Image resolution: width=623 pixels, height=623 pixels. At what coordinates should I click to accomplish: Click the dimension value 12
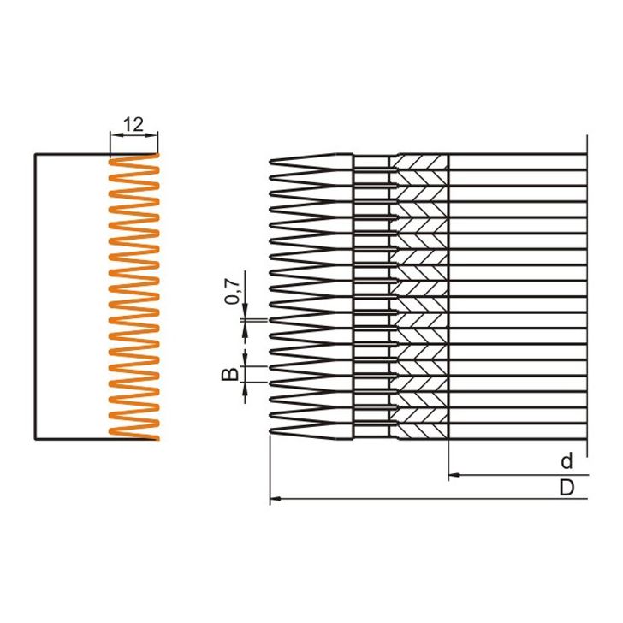click(133, 124)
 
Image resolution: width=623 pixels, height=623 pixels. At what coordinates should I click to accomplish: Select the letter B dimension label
click(230, 374)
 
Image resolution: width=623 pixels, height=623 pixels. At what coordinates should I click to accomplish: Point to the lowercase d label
click(567, 461)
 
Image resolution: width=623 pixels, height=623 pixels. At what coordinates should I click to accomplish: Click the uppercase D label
click(567, 487)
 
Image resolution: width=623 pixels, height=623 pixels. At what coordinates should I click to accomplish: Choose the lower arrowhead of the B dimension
click(246, 387)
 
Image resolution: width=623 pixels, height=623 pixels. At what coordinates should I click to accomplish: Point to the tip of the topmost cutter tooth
click(271, 162)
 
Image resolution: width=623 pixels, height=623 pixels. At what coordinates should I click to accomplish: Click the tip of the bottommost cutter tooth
click(271, 432)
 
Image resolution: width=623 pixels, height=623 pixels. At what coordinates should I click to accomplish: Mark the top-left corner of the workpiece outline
click(35, 155)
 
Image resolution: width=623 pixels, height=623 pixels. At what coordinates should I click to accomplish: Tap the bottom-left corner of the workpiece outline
click(35, 439)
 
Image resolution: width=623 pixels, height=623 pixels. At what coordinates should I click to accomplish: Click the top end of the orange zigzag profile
click(157, 155)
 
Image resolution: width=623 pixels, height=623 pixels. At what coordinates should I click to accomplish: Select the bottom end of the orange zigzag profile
click(157, 439)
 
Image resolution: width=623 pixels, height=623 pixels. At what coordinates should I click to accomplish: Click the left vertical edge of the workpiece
click(35, 295)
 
